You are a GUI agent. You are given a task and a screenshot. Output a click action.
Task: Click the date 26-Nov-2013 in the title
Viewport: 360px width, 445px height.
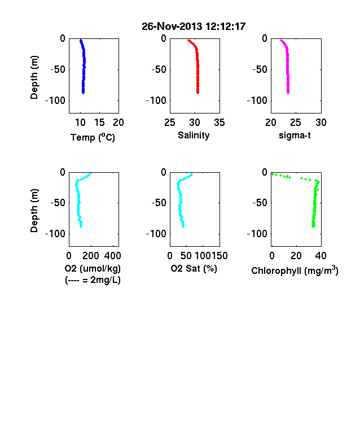(172, 27)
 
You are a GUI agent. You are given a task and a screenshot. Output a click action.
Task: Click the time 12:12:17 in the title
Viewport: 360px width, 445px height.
(225, 27)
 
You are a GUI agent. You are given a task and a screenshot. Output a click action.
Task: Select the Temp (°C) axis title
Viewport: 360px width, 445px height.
(93, 137)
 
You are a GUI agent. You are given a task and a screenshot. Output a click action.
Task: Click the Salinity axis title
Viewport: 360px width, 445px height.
(194, 136)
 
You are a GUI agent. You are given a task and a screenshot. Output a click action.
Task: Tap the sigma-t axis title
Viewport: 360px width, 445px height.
(295, 136)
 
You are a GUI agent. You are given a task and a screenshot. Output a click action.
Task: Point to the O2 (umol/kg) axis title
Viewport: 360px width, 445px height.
(93, 268)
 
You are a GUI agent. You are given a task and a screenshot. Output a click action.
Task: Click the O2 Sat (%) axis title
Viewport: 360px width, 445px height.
(194, 268)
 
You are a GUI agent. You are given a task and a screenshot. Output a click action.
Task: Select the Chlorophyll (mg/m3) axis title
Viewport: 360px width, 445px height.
(295, 271)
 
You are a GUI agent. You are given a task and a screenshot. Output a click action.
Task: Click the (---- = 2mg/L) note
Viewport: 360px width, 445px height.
(93, 280)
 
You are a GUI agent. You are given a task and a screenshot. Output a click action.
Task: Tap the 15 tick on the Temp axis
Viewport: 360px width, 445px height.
(99, 123)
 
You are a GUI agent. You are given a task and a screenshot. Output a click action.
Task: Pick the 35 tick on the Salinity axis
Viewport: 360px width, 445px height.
(219, 123)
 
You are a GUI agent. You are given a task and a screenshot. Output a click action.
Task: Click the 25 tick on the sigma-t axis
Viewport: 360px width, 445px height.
(295, 123)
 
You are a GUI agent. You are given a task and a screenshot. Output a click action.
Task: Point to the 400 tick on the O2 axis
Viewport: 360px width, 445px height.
(112, 256)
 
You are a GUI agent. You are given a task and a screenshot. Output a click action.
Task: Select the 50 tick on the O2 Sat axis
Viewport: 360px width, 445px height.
(186, 256)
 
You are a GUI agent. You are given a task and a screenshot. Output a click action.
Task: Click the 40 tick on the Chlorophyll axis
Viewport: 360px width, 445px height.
(321, 256)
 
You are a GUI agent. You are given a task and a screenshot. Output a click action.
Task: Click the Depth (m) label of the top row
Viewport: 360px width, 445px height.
(34, 77)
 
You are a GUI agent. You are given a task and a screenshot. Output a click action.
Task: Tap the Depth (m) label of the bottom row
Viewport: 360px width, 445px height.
(34, 211)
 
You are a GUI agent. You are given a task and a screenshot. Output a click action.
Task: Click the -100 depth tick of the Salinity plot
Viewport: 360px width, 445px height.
(156, 101)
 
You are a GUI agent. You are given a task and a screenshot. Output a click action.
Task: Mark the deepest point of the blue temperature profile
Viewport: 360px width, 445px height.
(84, 92)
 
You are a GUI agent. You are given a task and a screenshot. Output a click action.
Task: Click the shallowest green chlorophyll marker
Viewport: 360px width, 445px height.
(273, 174)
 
